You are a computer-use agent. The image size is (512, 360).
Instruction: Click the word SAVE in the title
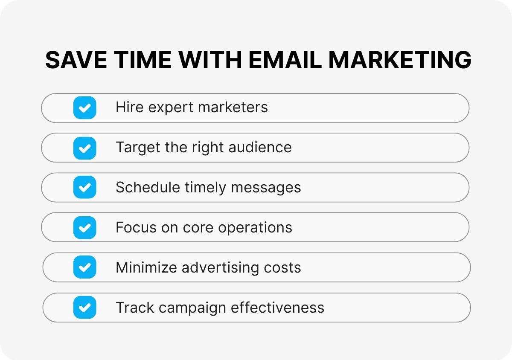(x=75, y=60)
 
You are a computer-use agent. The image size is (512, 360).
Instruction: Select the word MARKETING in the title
(x=400, y=60)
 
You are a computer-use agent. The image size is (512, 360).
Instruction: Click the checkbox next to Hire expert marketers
(x=84, y=107)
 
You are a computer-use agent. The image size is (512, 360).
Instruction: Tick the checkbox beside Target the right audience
(x=84, y=148)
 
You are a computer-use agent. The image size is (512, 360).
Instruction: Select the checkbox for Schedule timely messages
(x=84, y=188)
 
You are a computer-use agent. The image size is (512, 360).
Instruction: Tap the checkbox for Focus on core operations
(x=84, y=227)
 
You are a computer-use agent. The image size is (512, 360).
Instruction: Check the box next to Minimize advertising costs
(x=84, y=267)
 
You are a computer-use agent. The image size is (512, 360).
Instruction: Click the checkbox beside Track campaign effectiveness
(x=84, y=308)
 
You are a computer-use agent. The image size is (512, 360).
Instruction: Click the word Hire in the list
(x=129, y=107)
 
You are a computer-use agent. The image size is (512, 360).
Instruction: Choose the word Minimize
(x=146, y=268)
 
